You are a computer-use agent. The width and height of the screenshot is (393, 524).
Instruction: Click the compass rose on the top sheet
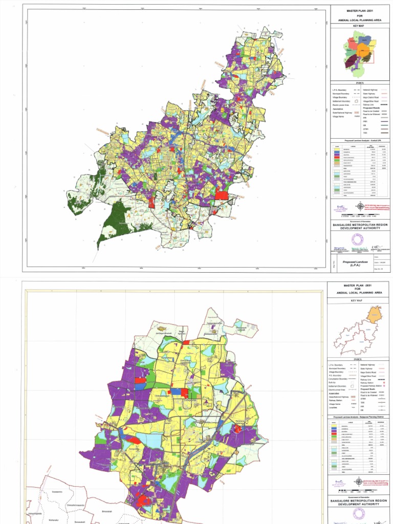point(360,206)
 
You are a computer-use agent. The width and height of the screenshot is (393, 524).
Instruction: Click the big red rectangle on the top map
point(221,194)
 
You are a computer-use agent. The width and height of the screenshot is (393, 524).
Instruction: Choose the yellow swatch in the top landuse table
point(338,148)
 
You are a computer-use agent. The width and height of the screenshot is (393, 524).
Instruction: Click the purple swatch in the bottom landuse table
point(338,431)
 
